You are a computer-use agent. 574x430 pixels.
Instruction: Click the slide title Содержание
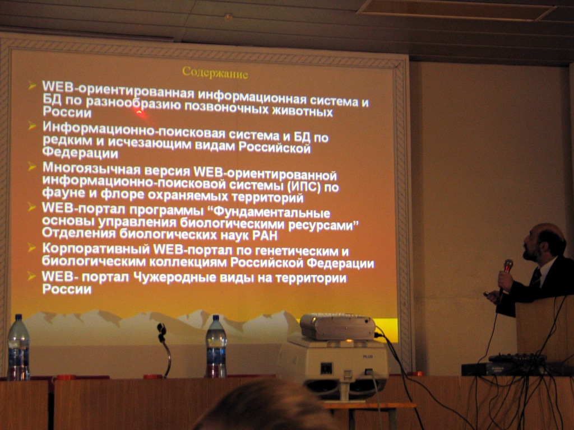[x=215, y=72]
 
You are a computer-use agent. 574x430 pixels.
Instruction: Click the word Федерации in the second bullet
[x=80, y=152]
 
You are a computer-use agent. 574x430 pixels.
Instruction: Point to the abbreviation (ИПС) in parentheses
[x=304, y=187]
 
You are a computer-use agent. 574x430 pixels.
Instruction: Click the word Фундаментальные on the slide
[x=271, y=212]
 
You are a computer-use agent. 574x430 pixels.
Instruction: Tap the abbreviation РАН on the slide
[x=265, y=236]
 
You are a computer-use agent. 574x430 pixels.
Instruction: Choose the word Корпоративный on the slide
[x=96, y=249]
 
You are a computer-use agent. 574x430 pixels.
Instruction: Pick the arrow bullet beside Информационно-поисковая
[x=32, y=126]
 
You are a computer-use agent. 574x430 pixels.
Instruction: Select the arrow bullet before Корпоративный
[x=32, y=248]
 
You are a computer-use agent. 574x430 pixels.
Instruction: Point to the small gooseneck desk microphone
[x=165, y=347]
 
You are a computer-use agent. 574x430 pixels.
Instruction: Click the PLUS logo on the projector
[x=368, y=356]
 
